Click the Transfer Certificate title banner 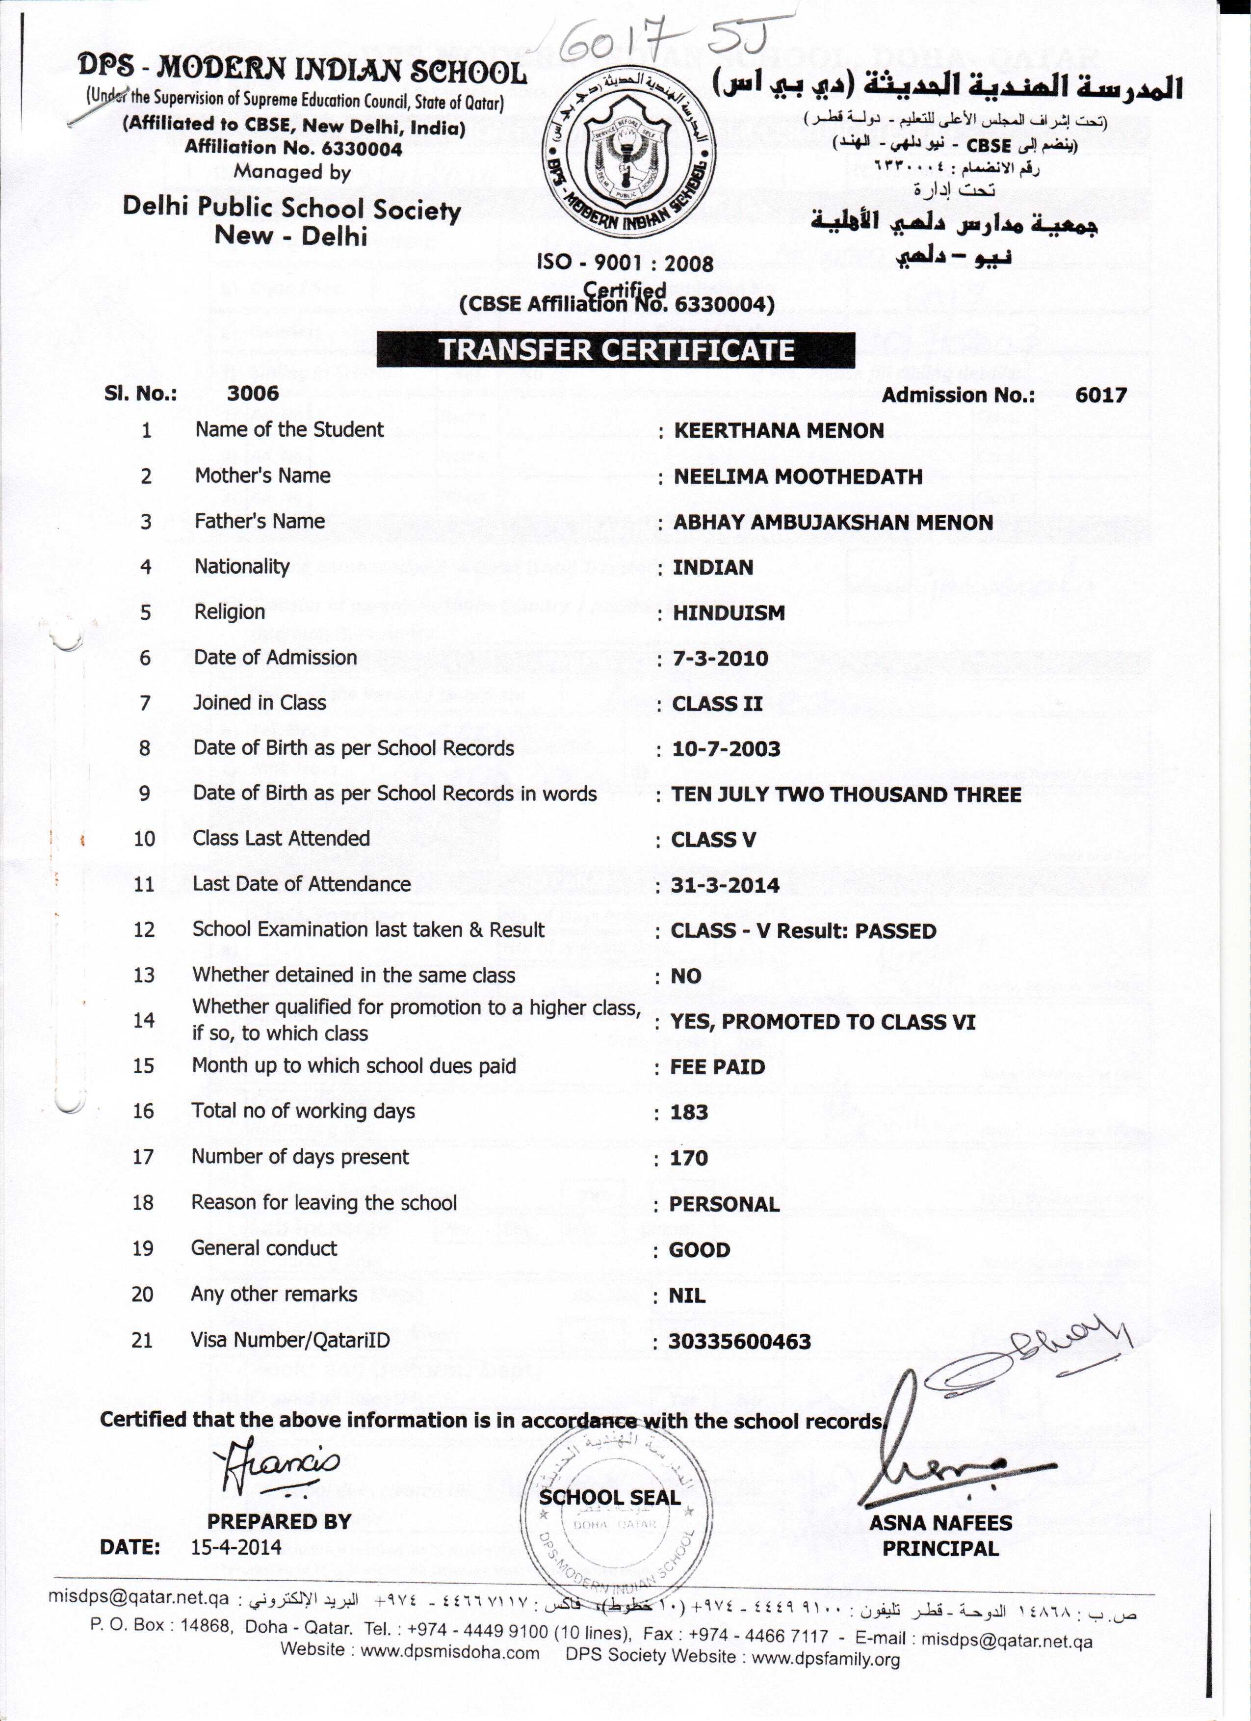point(616,350)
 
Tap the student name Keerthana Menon point(779,431)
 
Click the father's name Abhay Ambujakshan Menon point(832,522)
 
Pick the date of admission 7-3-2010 point(720,658)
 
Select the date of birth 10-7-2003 point(726,749)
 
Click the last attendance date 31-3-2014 point(725,885)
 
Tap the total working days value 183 point(689,1112)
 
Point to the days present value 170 point(688,1158)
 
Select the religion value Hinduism point(729,613)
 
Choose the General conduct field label point(264,1248)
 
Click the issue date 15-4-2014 point(236,1547)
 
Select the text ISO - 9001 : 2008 point(625,264)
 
